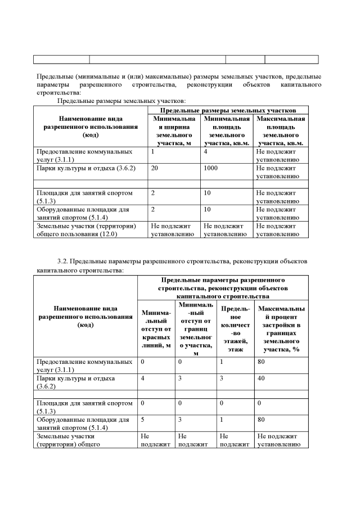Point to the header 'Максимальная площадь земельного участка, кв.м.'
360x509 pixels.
(x=280, y=131)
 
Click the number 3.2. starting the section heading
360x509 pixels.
(x=63, y=262)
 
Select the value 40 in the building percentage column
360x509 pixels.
(x=261, y=379)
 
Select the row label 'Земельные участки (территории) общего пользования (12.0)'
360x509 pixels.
(x=84, y=230)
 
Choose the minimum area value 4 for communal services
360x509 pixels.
(x=206, y=152)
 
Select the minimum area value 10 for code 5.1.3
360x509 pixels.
(x=208, y=193)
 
